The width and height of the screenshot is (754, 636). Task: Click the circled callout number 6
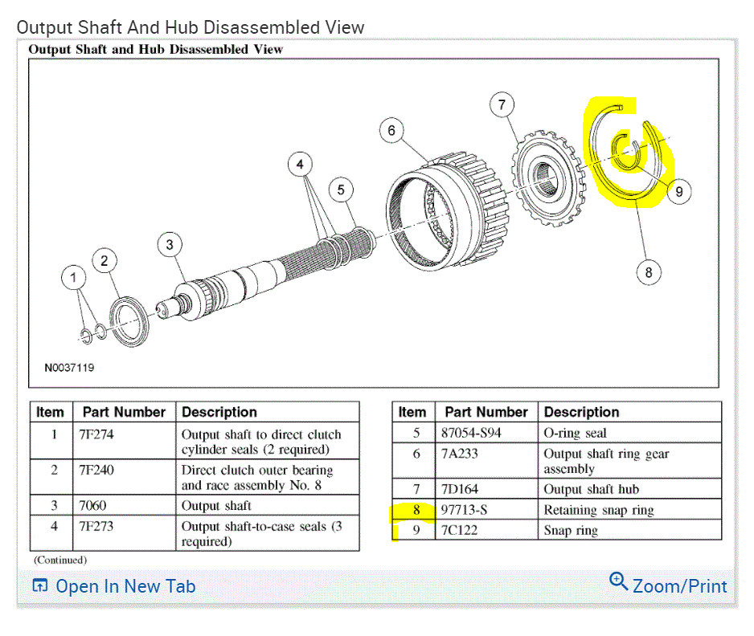391,130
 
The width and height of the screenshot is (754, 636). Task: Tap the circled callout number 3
170,244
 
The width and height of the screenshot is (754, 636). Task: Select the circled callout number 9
679,192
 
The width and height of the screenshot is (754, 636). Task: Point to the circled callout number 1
74,278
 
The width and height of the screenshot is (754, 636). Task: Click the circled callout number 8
649,272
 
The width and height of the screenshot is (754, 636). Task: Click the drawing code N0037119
69,368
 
